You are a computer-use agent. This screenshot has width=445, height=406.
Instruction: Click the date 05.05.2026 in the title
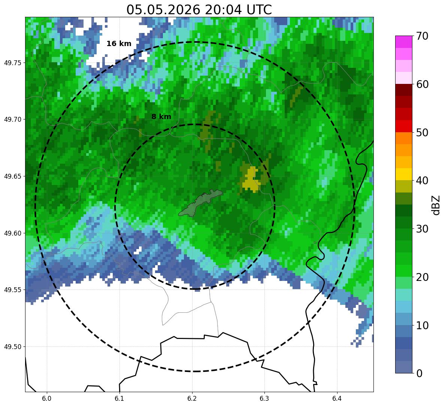coord(163,10)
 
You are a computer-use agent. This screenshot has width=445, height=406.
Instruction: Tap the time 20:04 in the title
coord(223,10)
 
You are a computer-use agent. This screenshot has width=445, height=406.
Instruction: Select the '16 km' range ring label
coord(119,44)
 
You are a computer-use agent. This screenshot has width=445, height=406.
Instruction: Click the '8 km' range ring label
coord(161,116)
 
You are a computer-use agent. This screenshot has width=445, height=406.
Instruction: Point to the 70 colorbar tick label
coord(422,36)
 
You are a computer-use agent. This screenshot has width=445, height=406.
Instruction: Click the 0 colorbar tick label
coord(419,373)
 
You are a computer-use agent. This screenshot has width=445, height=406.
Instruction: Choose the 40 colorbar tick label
coord(422,181)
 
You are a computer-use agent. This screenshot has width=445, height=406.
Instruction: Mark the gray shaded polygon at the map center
coord(200,203)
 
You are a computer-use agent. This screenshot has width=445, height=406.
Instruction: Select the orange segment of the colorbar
coord(403,144)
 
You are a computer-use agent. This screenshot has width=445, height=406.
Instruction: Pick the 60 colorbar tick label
coord(422,84)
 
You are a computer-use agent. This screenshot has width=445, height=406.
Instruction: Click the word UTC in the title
coord(259,10)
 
